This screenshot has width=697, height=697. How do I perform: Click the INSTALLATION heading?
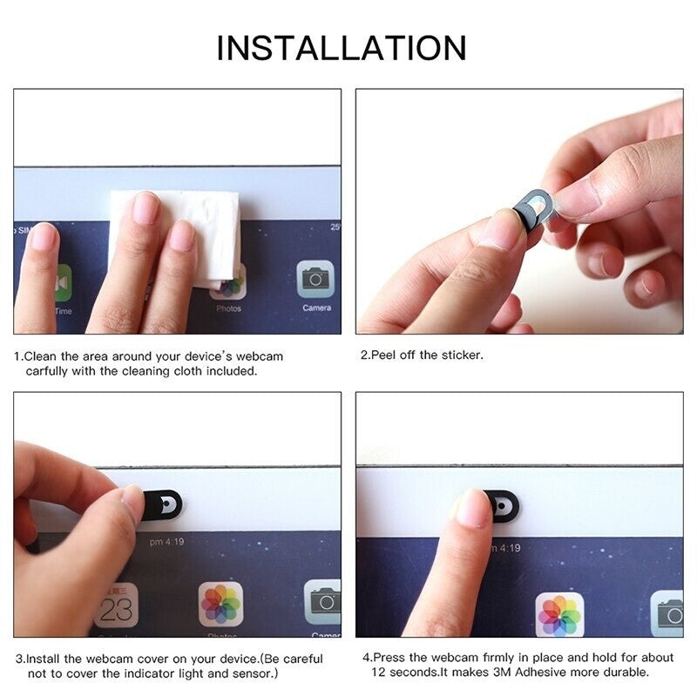pos(342,47)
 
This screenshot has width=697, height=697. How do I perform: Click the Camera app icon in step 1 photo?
pos(315,281)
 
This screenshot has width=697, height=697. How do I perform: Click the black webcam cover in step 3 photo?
pos(162,504)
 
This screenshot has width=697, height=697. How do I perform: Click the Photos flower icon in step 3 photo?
pos(221,604)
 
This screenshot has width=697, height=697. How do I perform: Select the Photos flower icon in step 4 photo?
pos(558,614)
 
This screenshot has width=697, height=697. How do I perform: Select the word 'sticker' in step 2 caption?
pos(460,355)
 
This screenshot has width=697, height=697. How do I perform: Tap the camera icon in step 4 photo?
pos(668,613)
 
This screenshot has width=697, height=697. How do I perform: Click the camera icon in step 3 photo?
pos(323,601)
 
